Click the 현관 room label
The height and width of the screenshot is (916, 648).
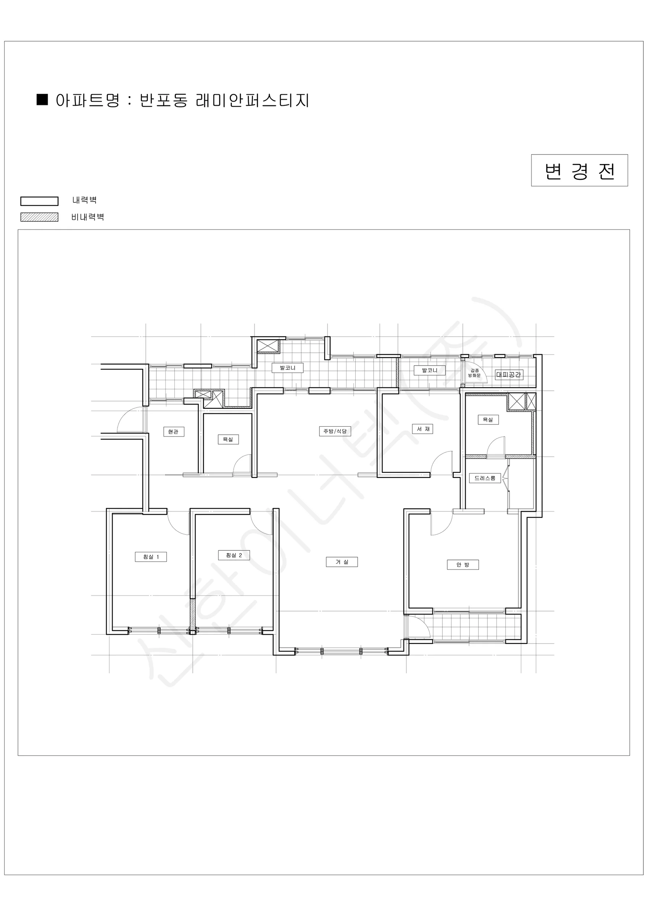tap(174, 432)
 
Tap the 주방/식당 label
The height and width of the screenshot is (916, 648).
tap(335, 431)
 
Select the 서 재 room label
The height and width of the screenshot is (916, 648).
tap(422, 429)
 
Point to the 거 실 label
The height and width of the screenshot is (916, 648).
tap(342, 562)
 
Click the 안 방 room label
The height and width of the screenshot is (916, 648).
tap(463, 564)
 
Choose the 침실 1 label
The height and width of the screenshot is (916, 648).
tap(151, 556)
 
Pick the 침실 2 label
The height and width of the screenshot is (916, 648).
tap(234, 555)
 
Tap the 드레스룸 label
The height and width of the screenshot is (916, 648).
tap(485, 478)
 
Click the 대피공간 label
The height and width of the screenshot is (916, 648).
tap(509, 375)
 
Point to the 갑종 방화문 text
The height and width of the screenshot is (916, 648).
tap(474, 373)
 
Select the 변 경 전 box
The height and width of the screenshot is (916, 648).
tap(579, 170)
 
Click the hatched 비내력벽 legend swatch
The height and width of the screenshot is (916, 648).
tap(39, 217)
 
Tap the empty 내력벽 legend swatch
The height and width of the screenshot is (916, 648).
tap(39, 201)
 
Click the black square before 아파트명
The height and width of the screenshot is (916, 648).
tap(42, 99)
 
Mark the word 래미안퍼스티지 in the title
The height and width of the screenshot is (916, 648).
tap(253, 100)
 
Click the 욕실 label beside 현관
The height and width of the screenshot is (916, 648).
tap(228, 439)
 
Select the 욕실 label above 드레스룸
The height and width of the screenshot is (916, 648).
tap(488, 419)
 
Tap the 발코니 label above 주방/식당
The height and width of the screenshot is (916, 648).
tap(287, 368)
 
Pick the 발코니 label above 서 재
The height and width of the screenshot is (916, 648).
tap(429, 370)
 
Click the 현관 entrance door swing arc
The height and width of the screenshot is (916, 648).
tap(124, 414)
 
